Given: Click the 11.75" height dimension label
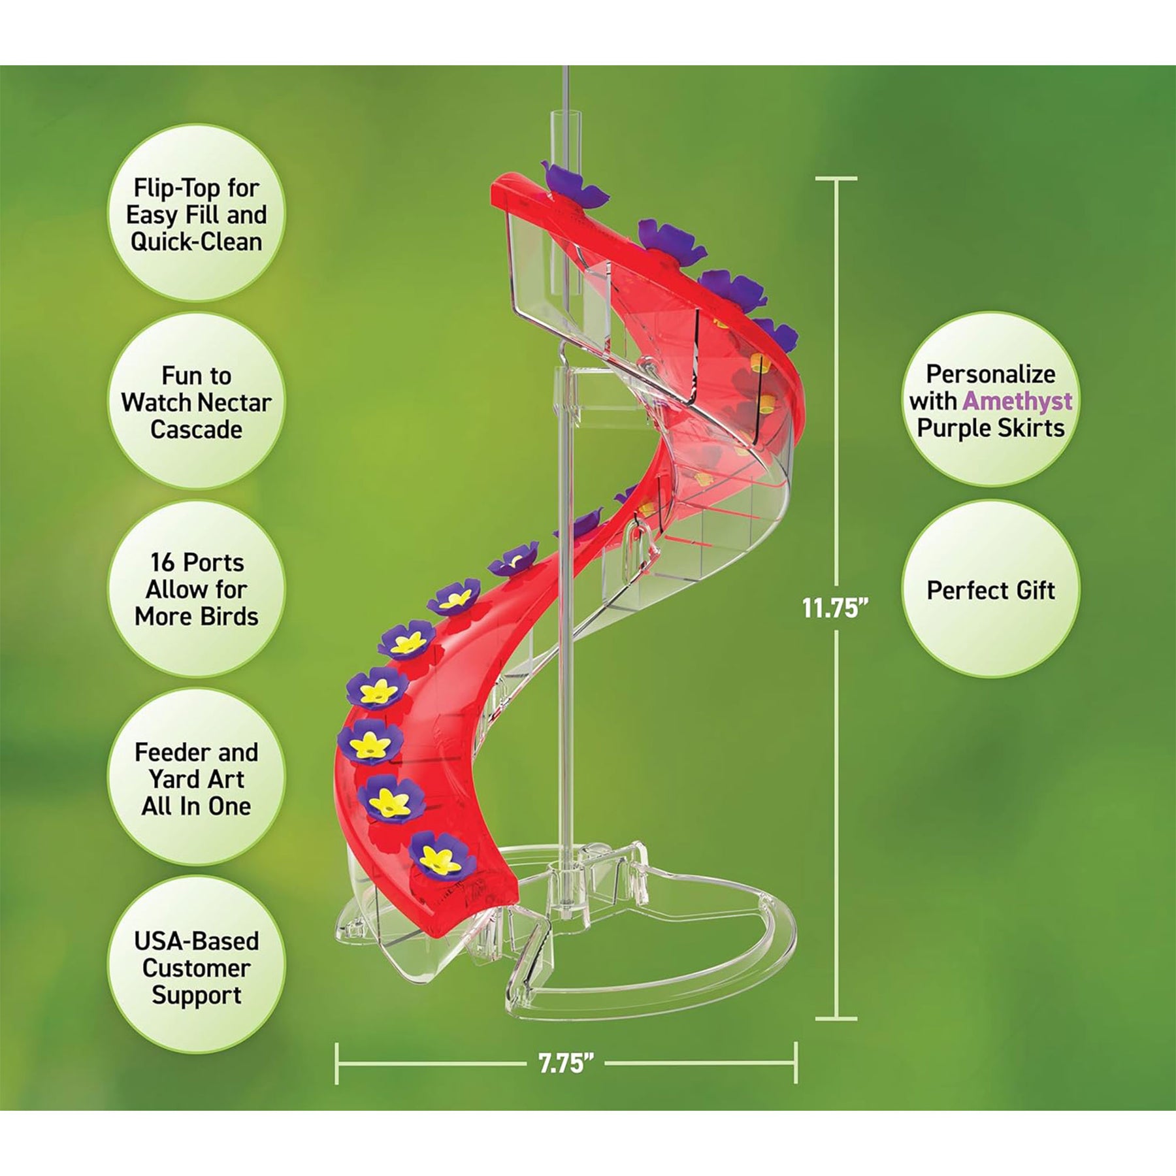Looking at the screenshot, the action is (x=836, y=608).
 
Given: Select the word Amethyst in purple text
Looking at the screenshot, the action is (x=1017, y=401).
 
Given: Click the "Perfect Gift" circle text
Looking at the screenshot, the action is (x=990, y=591).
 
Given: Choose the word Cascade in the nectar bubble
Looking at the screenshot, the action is (x=196, y=430).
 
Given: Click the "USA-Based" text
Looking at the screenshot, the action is (x=196, y=941).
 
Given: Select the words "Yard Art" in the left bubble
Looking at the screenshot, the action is (x=196, y=779).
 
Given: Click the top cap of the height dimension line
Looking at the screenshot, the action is (x=836, y=178).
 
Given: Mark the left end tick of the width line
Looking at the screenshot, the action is (x=337, y=1064).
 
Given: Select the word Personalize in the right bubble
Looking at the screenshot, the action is (x=990, y=374).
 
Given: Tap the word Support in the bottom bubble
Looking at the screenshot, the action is (x=196, y=996).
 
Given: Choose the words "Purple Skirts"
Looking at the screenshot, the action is (x=990, y=429).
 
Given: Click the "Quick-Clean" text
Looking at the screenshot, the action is (x=196, y=242).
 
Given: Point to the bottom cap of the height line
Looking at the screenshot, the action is (x=836, y=1019).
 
